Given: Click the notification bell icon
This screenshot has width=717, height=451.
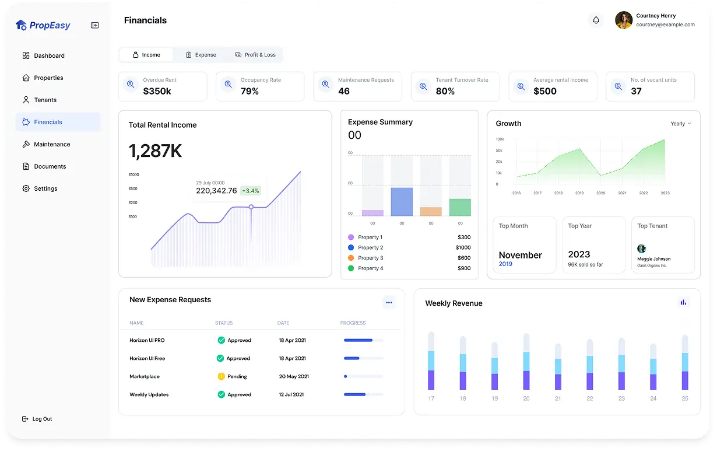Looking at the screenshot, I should (x=596, y=20).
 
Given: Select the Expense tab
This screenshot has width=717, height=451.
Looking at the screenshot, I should (x=201, y=55).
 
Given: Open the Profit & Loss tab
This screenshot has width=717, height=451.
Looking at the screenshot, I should (x=255, y=55).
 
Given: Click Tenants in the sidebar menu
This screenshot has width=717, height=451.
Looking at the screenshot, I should (x=45, y=100).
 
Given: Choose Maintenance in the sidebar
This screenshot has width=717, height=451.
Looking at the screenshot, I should (x=51, y=144).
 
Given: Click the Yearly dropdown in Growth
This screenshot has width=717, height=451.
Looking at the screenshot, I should (x=680, y=124).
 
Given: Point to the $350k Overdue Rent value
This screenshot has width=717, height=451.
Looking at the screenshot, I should (x=157, y=92).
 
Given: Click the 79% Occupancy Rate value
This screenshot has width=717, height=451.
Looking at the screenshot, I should (x=249, y=92).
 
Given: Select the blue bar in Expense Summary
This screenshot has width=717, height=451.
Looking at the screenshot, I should (x=402, y=202).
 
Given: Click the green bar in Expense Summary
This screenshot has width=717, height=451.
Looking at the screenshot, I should (x=460, y=207).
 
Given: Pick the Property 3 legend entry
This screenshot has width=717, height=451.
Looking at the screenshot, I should (x=370, y=258).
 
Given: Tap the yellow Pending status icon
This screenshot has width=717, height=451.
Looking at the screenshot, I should (x=221, y=376).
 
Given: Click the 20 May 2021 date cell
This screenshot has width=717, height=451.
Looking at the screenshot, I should (x=294, y=376).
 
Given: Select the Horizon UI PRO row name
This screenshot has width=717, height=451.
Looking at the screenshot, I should (x=147, y=340).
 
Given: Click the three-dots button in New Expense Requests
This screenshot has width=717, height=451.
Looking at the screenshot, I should (x=389, y=302).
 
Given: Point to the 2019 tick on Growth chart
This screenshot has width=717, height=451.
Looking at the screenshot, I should (x=579, y=193).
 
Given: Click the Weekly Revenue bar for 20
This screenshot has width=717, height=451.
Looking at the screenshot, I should (x=526, y=362).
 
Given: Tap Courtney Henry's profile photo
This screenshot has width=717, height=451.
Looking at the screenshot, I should (x=624, y=20).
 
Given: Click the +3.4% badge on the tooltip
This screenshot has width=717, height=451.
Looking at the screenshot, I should (x=251, y=191).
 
